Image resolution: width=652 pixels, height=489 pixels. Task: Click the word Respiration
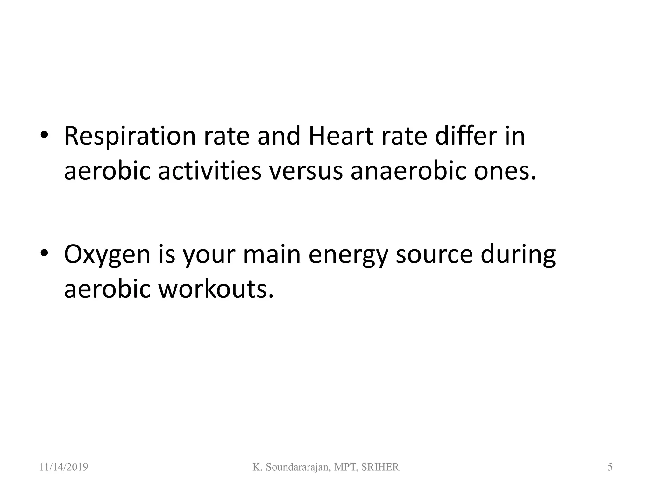(130, 136)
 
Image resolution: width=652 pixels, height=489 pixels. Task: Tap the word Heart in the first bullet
(341, 136)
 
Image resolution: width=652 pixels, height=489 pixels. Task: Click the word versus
(306, 171)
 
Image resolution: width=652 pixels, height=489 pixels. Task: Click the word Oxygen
(107, 255)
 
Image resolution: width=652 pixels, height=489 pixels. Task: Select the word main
(272, 255)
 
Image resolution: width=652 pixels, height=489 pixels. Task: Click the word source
(434, 255)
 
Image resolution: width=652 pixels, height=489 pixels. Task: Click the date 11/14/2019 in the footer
(64, 467)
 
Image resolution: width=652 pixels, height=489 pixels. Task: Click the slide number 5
(610, 467)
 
